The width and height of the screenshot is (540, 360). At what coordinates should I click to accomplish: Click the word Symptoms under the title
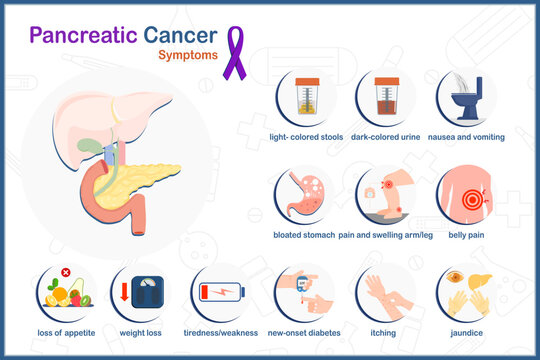[187, 55]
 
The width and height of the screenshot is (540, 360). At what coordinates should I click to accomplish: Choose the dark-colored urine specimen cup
[384, 96]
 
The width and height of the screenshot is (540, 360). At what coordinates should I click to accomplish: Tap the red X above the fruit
[65, 272]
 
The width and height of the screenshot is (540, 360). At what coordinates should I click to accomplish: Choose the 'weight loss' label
[141, 331]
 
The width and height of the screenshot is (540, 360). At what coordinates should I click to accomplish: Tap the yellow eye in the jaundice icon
[456, 277]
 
